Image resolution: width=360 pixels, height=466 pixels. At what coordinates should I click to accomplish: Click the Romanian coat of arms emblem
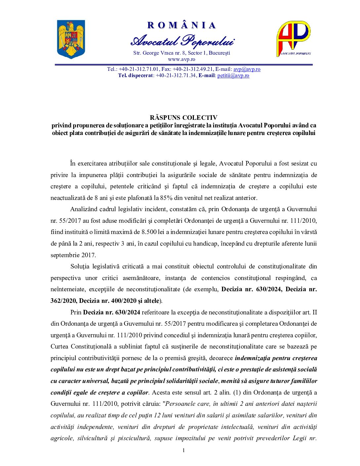pos(71,39)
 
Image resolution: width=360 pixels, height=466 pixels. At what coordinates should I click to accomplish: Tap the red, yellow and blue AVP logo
pos(293,39)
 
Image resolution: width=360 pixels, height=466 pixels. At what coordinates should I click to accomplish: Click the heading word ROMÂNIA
pos(182,25)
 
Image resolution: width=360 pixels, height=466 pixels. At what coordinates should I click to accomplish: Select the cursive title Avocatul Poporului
pos(182,41)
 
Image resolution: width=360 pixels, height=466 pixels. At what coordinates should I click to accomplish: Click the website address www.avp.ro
pos(181,59)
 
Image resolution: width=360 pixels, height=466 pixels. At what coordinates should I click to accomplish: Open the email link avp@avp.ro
pos(247,69)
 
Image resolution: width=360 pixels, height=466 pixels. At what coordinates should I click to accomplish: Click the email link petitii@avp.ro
pos(233,75)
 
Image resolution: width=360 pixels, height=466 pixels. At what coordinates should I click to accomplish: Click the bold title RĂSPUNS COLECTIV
pos(183,117)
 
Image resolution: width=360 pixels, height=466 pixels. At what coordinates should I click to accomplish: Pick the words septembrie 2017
pos(73,255)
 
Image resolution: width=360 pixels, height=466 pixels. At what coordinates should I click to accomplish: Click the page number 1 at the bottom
pos(184,450)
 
